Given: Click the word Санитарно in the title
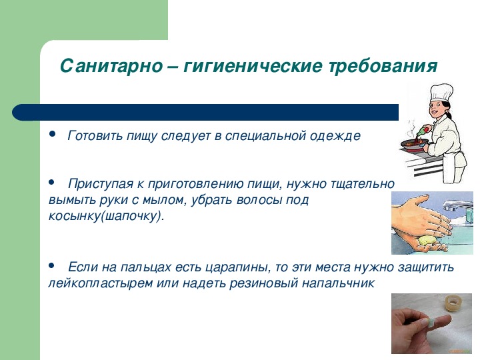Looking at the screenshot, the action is coord(111,65).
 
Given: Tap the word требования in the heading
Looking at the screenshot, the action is coord(383,66).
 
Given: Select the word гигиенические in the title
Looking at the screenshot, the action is coord(253,66).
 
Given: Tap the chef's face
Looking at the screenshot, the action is coord(437,109).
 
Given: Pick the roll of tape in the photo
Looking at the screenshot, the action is coord(454,303).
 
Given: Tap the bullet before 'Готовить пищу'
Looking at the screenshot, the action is coord(52,133).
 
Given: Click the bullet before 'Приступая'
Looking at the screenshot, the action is coord(51,182).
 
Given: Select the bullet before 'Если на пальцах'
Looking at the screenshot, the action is coord(51,265).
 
